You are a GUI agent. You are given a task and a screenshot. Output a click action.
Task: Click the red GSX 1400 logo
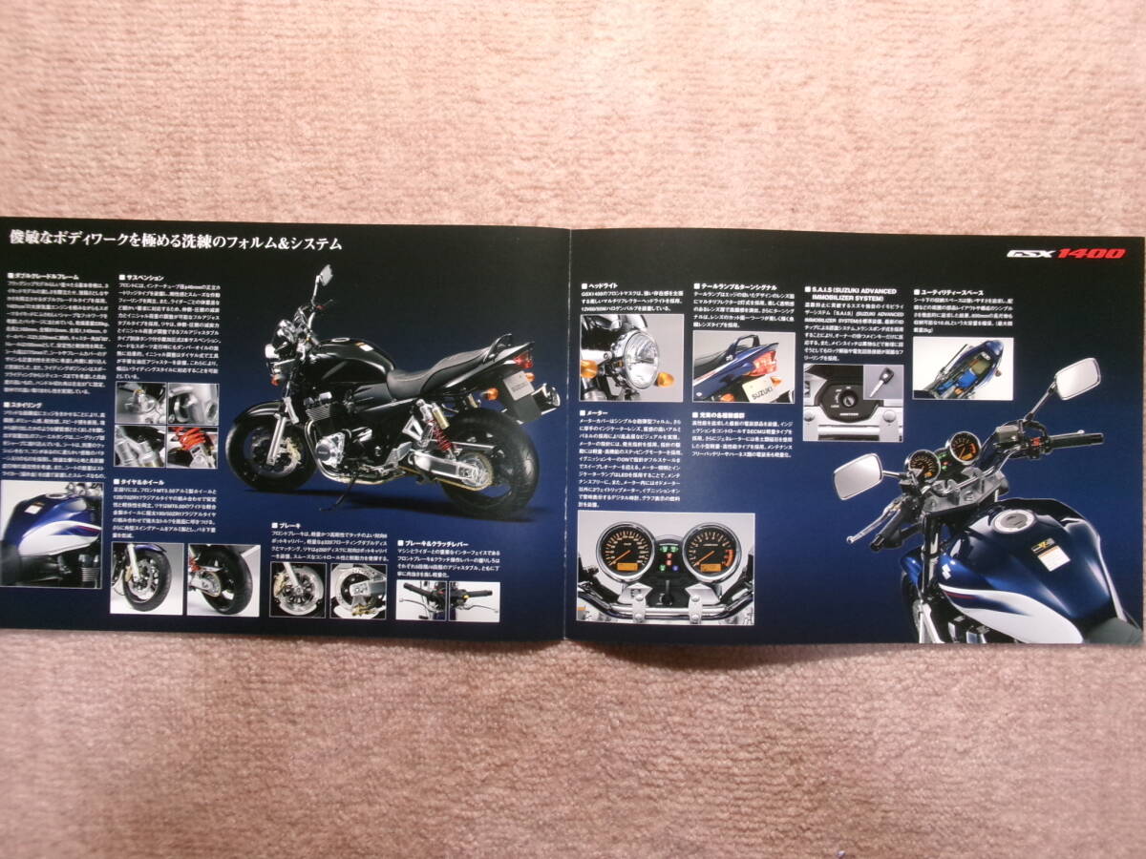coord(1065,254)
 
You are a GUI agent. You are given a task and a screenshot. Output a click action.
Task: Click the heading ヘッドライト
coord(605,286)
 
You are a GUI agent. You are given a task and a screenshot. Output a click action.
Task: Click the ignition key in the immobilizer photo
coord(884,381)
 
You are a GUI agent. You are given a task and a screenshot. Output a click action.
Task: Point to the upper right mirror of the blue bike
coord(1076,378)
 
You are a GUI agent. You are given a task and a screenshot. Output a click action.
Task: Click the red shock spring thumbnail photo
coord(192,446)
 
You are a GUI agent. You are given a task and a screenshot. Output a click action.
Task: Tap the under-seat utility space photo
coord(963,367)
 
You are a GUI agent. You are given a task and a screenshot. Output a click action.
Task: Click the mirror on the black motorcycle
coord(325,275)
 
